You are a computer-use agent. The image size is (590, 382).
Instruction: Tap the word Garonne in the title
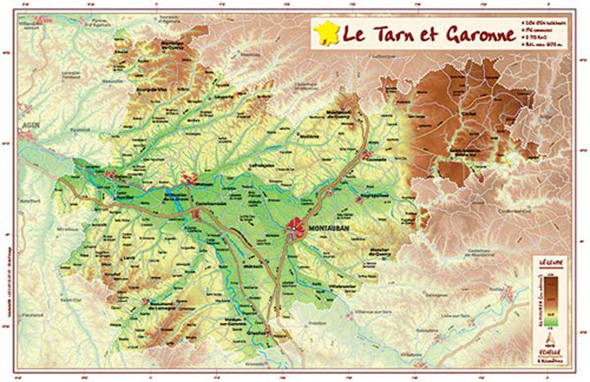point(481,34)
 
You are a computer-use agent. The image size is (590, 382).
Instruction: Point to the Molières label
point(309,136)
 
